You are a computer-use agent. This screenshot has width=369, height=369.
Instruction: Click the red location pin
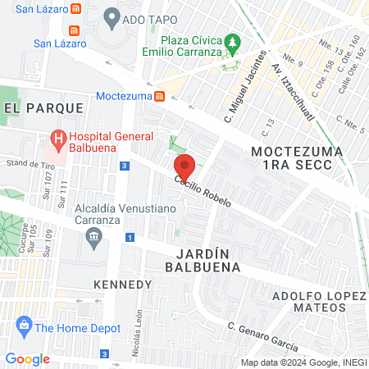(x=185, y=166)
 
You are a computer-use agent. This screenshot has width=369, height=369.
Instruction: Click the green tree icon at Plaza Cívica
(x=234, y=41)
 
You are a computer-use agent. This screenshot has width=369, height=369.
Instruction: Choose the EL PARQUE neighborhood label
(x=43, y=107)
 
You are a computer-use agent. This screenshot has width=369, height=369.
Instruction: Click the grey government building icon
(x=93, y=238)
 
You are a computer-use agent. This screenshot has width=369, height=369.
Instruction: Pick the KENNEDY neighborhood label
(x=123, y=284)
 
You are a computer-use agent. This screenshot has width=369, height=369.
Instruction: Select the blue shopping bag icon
(x=25, y=327)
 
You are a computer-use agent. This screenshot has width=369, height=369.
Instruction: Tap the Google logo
(x=27, y=358)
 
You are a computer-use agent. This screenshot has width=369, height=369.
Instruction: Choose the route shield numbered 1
(x=130, y=238)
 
